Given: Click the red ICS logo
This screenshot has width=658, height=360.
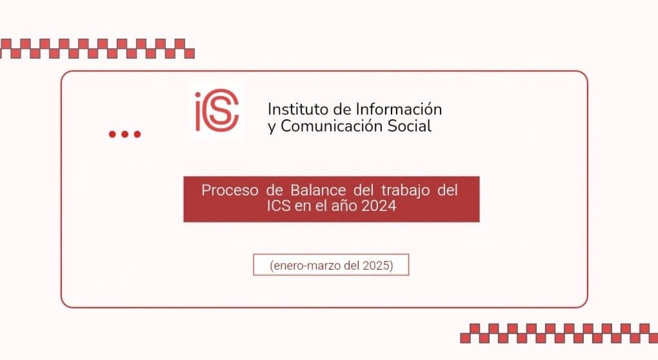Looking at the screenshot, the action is pyautogui.click(x=217, y=110).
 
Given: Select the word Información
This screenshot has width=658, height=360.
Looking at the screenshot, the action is pyautogui.click(x=399, y=109).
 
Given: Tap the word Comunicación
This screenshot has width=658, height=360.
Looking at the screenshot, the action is pyautogui.click(x=332, y=126).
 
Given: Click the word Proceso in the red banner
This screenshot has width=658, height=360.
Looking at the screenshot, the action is pyautogui.click(x=230, y=190).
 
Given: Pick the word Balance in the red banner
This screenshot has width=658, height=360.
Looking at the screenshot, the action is pyautogui.click(x=318, y=190).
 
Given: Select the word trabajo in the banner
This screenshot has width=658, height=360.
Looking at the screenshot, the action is pyautogui.click(x=405, y=191).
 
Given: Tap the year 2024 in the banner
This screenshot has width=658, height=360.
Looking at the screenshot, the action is pyautogui.click(x=379, y=206).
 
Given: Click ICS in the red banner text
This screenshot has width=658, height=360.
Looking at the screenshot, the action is pyautogui.click(x=279, y=206).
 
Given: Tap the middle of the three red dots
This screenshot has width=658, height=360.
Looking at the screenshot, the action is pyautogui.click(x=125, y=134).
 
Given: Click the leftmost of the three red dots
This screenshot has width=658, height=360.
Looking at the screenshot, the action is pyautogui.click(x=112, y=134).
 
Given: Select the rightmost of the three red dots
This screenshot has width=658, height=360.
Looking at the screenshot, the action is pyautogui.click(x=137, y=134).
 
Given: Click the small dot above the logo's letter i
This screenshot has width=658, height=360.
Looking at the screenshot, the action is pyautogui.click(x=197, y=95).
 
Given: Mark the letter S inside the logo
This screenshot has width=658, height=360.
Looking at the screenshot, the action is pyautogui.click(x=221, y=110).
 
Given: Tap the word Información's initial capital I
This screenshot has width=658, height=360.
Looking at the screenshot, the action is pyautogui.click(x=357, y=109).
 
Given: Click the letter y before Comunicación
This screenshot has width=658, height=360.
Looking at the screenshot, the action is pyautogui.click(x=272, y=127).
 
